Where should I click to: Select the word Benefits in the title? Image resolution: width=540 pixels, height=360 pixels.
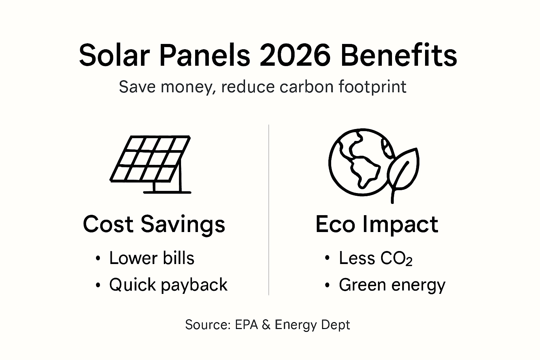pos(399,56)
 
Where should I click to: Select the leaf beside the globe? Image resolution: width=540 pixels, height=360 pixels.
pos(403,169)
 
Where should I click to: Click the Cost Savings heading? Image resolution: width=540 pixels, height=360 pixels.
pos(154,224)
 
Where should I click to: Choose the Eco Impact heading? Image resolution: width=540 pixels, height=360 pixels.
pos(377,224)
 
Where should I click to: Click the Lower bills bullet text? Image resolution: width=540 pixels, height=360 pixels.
pos(152,258)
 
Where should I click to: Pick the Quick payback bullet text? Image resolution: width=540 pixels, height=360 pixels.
pos(168,285)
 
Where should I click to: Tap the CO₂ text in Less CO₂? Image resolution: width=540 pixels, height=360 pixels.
pos(396,259)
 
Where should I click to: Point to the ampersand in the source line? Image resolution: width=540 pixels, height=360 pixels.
pos(266,324)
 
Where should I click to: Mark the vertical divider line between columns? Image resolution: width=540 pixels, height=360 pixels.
pos(269,211)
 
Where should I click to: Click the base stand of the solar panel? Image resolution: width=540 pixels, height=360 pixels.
pos(167,192)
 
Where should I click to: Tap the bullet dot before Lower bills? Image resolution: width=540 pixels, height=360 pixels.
pos(98,259)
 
